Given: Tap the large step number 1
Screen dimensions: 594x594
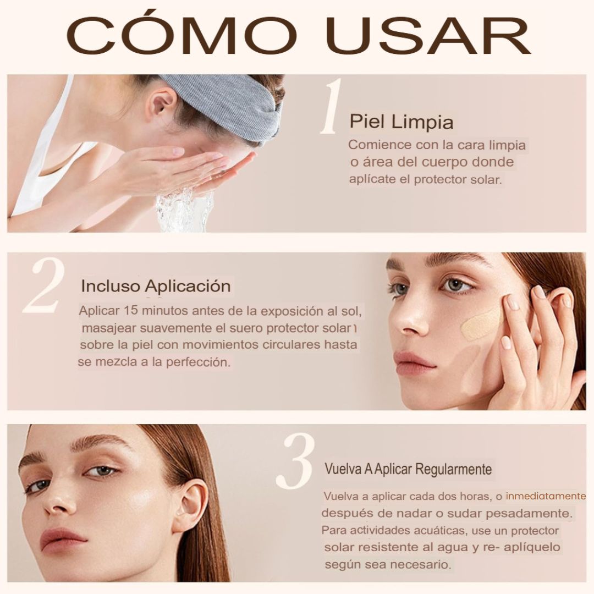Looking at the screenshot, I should tap(332, 108).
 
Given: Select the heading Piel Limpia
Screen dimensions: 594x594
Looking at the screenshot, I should tap(402, 122).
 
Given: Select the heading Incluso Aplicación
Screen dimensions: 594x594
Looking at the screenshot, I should tap(156, 286).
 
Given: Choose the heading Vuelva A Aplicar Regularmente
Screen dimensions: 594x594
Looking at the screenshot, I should tap(408, 470).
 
